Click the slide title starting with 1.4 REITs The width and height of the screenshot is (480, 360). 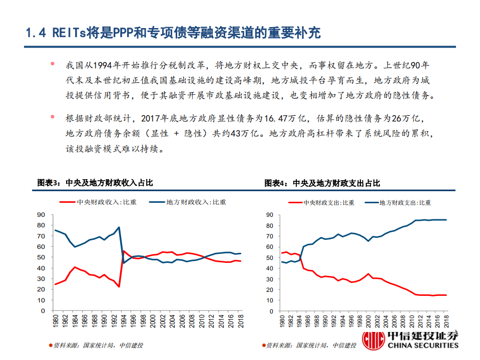pyautogui.click(x=173, y=33)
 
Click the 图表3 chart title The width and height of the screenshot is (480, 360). pyautogui.click(x=95, y=183)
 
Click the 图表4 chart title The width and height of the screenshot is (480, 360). pyautogui.click(x=322, y=183)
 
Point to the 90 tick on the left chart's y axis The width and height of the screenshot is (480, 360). pyautogui.click(x=41, y=215)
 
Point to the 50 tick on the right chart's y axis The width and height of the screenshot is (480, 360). pyautogui.click(x=269, y=257)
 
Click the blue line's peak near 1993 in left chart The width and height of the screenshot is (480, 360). pyautogui.click(x=119, y=227)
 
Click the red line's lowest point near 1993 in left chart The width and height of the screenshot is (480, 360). pyautogui.click(x=119, y=286)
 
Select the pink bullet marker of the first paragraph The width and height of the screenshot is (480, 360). pyautogui.click(x=52, y=65)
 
